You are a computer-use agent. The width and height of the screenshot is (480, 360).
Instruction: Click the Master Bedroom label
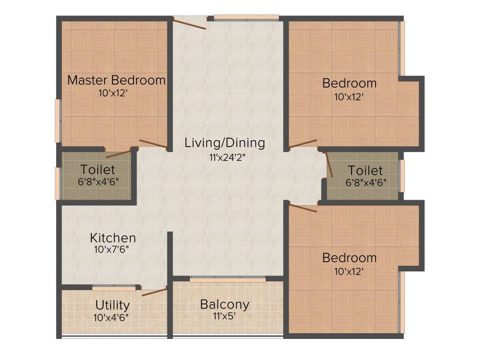point(116,80)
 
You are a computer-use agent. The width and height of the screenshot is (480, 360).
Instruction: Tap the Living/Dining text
point(225,142)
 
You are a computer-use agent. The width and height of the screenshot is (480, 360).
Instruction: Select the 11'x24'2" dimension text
point(228,157)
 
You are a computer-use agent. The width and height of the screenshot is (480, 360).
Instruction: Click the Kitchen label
point(113,238)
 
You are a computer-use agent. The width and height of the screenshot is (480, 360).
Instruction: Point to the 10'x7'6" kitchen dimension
point(112,249)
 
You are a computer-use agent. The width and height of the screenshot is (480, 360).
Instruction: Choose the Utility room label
point(112,305)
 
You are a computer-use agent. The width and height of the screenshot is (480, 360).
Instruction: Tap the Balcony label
point(225,304)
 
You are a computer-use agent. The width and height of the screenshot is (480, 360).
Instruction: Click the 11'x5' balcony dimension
point(224,316)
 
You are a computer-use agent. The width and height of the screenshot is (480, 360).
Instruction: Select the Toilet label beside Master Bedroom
point(97,169)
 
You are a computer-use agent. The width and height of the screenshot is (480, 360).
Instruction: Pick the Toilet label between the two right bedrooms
point(365,171)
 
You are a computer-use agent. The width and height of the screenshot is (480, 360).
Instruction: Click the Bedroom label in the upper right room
point(349,83)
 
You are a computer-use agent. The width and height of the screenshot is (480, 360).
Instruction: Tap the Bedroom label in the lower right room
point(349,258)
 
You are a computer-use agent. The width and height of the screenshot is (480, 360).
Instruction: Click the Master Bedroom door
point(153,144)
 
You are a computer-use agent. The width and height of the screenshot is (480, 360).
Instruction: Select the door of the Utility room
point(154,292)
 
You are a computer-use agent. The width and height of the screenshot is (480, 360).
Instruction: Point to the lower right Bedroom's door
point(303,208)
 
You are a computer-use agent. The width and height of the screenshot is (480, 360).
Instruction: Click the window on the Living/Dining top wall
point(246,18)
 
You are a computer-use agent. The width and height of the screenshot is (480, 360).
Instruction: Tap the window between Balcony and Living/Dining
point(227,279)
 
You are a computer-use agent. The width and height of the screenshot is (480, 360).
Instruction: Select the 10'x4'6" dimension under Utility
point(112,317)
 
